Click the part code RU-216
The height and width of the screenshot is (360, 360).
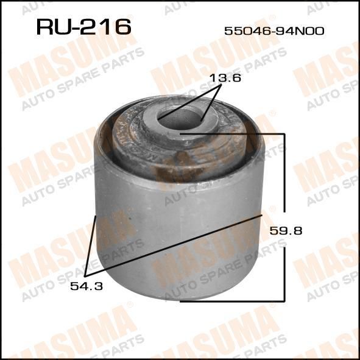[x=84, y=27]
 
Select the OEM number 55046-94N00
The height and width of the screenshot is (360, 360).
[x=274, y=31]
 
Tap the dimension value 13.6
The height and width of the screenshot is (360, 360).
[x=225, y=78]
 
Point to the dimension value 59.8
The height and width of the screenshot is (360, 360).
[x=286, y=230]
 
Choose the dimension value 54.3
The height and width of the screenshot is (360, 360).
[x=86, y=286]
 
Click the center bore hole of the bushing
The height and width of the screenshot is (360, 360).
[x=180, y=119]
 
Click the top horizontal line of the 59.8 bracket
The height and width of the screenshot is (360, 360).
[x=232, y=133]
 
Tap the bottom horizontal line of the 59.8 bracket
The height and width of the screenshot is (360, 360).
[x=232, y=301]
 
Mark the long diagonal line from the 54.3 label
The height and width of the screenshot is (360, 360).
[x=174, y=245]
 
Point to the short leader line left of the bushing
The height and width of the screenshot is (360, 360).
[x=90, y=245]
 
